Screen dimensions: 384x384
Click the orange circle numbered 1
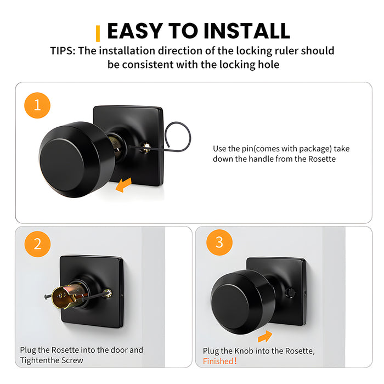[37, 105]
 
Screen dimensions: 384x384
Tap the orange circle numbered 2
[37, 244]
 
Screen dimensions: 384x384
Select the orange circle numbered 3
[219, 242]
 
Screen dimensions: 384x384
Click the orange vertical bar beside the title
[98, 33]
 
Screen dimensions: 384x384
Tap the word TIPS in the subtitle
[63, 51]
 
